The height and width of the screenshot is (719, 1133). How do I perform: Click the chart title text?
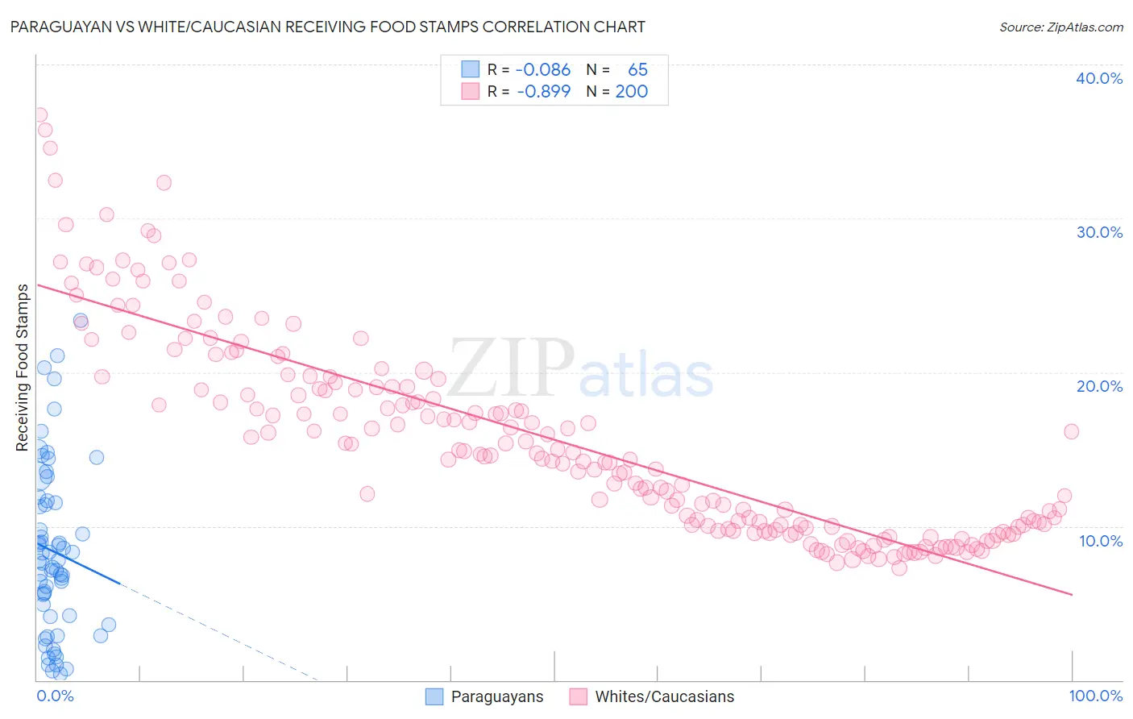coord(327,27)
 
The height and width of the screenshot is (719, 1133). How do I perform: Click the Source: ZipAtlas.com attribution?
coord(1060,27)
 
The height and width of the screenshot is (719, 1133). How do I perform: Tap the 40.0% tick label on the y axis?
coord(1099,78)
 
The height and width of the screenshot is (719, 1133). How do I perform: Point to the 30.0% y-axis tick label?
coord(1099,232)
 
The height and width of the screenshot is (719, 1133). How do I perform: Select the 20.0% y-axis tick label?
coord(1099,386)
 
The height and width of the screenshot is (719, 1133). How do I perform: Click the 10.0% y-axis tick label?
coord(1100,541)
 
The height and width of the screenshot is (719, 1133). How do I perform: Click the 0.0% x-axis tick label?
coord(55,696)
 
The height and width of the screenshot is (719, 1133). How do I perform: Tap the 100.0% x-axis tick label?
coord(1095,696)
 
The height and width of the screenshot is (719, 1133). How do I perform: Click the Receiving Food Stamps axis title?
coord(23,368)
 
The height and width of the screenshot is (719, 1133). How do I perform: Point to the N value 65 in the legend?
coord(637,70)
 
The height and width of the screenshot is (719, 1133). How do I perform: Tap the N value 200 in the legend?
coord(631,91)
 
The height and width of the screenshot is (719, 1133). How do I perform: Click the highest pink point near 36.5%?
coord(39,115)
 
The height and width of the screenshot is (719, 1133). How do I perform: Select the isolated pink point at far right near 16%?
coord(1071,431)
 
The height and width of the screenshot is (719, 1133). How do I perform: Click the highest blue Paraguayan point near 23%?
coord(81,321)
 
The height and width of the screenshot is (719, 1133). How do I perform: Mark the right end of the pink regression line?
coord(1072,594)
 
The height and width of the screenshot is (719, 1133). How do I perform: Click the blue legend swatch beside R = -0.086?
coord(470,69)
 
